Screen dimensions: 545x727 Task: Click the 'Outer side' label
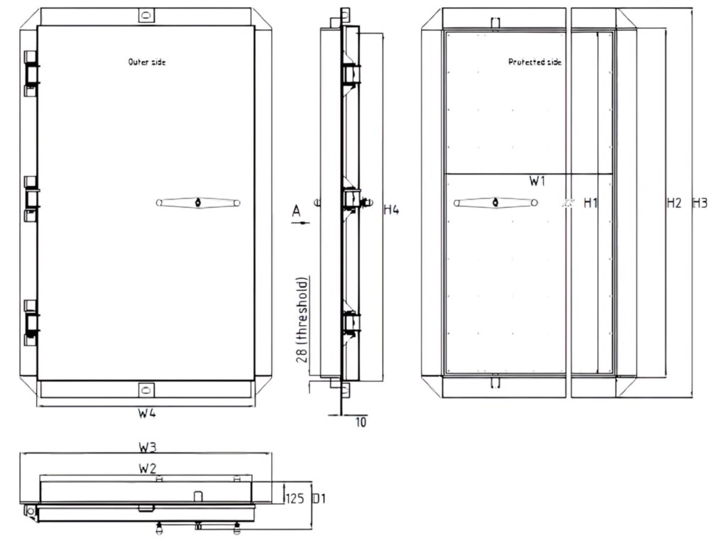(147, 62)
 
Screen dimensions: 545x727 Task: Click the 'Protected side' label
(535, 62)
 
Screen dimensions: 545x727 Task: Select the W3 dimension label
(147, 448)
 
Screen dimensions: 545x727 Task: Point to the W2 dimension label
(147, 468)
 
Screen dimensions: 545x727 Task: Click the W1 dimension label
(537, 181)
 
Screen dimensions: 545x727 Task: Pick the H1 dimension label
(591, 203)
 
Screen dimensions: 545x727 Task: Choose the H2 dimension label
(674, 203)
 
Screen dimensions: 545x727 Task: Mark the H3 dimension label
(699, 203)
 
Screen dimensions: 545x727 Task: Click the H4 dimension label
(391, 209)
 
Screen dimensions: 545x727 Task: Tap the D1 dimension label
(319, 498)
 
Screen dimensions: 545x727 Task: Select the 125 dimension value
(295, 498)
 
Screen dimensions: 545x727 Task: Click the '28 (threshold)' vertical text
(302, 319)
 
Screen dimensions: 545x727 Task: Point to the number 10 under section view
(361, 422)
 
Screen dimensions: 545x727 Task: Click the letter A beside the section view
(296, 210)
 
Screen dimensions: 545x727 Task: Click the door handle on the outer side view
(198, 203)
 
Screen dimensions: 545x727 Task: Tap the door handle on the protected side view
(496, 203)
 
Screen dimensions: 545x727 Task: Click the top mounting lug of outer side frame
(146, 15)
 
